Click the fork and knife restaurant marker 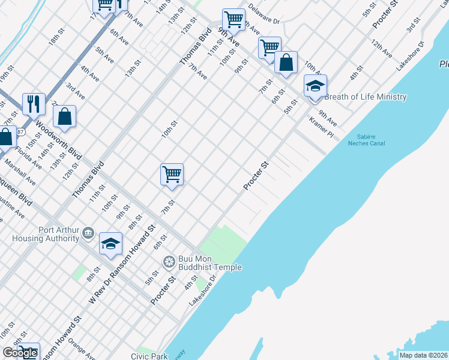[x=34, y=104]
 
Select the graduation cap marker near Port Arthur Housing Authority [x=110, y=243]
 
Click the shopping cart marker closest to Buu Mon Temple [x=172, y=174]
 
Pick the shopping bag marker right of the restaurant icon [x=65, y=116]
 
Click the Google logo [x=20, y=353]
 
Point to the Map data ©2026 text [x=423, y=355]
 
